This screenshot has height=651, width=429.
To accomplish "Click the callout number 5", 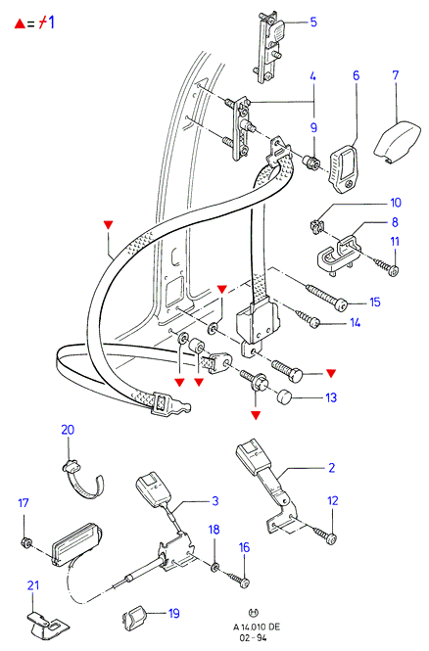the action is [313, 22].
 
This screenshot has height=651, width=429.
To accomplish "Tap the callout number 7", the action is [396, 75].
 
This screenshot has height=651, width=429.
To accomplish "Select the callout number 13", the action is [331, 397].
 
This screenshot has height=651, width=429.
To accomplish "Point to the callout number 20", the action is [68, 430].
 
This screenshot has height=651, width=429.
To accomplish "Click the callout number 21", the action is [33, 585].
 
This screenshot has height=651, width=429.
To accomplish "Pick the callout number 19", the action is [173, 613].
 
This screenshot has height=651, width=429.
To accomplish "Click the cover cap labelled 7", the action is [397, 142].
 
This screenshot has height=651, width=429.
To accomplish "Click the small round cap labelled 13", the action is [284, 396].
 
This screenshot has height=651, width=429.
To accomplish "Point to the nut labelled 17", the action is [25, 541].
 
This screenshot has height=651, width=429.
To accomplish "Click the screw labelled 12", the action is [325, 535].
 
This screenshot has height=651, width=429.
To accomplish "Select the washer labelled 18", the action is [215, 566].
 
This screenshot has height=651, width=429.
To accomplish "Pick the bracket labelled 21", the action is [48, 624].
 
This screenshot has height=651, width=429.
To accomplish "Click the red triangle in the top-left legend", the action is [20, 23].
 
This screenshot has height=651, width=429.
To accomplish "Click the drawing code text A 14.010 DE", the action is [257, 627].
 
